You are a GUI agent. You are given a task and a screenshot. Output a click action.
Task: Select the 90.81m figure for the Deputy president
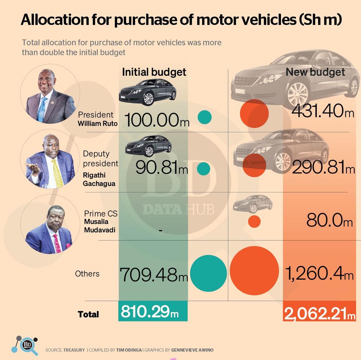tap(162, 168)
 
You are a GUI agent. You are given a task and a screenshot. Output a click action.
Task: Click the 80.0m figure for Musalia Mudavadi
tap(329, 221)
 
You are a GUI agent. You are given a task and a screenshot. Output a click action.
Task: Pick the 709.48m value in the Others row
tap(154, 274)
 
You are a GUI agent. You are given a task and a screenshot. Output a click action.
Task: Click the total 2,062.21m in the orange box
tap(319, 313)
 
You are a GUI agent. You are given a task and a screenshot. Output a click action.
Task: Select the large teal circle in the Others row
tap(208, 273)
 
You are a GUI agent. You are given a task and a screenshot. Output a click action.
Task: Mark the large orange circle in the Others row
tap(254, 270)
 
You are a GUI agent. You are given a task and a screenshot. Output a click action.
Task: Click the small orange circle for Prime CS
tap(254, 221)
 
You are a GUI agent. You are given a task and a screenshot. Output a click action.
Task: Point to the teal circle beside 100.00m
tap(204, 117)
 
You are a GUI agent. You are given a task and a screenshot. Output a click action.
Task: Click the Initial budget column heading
tap(154, 72)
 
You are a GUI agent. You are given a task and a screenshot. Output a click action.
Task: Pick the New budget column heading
tap(315, 72)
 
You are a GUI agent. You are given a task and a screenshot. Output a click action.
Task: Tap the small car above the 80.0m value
tap(252, 203)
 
